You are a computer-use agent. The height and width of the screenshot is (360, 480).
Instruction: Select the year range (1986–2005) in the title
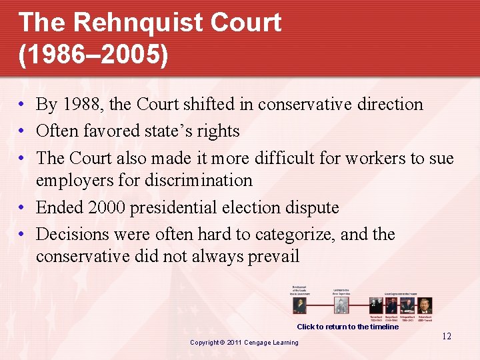pos(93,55)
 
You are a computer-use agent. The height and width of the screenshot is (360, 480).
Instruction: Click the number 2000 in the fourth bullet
pos(104,208)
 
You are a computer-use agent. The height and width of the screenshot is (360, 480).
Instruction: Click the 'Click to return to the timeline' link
pos(347,327)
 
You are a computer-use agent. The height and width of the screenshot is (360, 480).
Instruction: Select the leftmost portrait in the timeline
pos(299,305)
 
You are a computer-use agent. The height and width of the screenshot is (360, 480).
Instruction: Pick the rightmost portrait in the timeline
pos(425,305)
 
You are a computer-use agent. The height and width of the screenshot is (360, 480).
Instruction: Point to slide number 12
pos(447,336)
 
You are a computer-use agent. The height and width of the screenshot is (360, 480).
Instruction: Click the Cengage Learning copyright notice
pos(244,343)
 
